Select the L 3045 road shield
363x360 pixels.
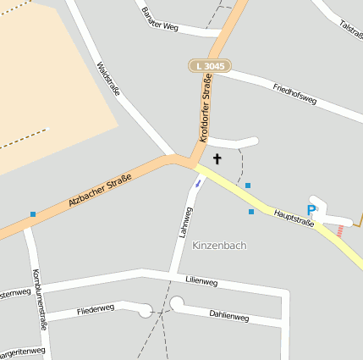208,65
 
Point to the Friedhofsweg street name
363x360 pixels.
294,93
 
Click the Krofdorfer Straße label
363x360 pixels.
204,108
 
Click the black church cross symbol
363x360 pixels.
217,158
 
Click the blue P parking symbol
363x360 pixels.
311,210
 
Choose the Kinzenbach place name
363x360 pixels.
219,246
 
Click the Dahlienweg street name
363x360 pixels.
228,316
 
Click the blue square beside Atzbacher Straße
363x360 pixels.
33,214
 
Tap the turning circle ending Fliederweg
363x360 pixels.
146,311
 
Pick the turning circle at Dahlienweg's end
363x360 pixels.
176,302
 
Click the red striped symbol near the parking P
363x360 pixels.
340,230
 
